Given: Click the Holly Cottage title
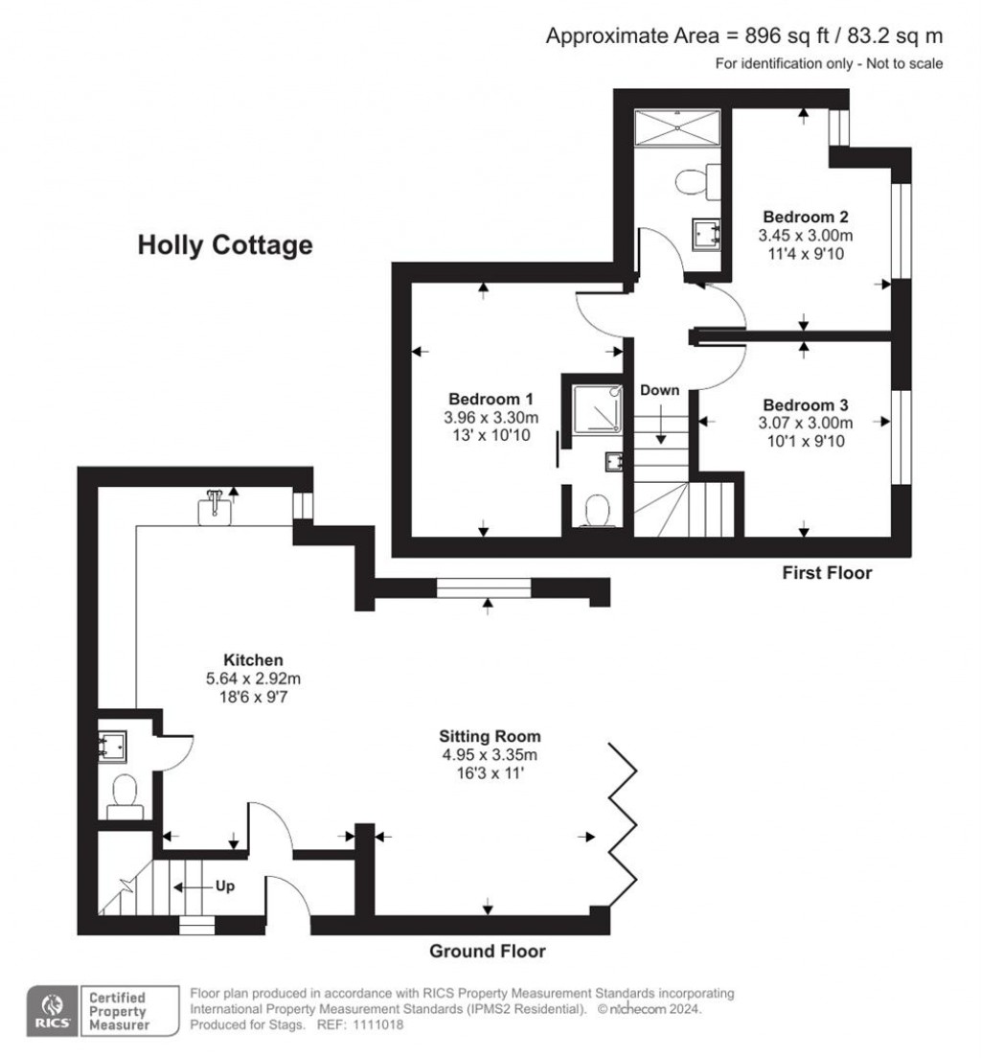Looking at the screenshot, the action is click(x=225, y=244).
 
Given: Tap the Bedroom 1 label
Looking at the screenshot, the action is click(x=490, y=399).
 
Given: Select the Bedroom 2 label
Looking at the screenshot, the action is click(x=806, y=217).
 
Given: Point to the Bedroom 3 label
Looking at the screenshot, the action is click(x=806, y=404).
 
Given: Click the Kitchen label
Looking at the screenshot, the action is click(x=253, y=660).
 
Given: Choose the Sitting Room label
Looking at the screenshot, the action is click(x=490, y=736).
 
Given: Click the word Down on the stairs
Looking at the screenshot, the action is click(x=659, y=390).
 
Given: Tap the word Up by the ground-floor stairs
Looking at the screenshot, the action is click(x=225, y=885).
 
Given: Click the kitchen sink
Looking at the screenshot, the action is click(x=215, y=508).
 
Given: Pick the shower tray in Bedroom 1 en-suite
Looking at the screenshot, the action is click(x=597, y=408).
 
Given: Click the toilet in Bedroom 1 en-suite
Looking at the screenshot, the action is click(x=597, y=511).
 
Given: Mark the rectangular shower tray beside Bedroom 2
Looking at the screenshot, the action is click(x=677, y=126).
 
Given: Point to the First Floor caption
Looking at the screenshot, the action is click(x=827, y=573).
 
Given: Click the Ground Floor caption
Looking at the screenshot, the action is click(x=487, y=952).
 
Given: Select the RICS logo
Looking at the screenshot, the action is click(x=52, y=1011).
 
